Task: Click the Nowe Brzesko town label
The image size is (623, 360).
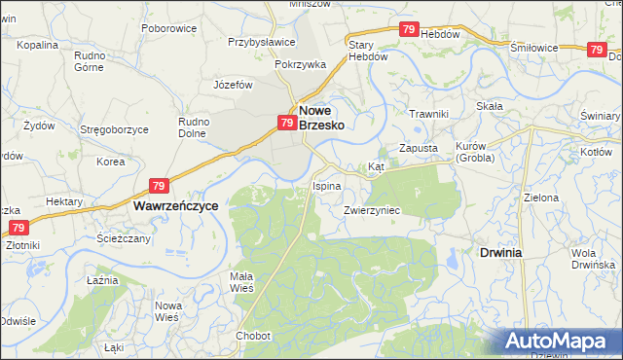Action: click(x=321, y=118)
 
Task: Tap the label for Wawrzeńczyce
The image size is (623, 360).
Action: click(x=175, y=206)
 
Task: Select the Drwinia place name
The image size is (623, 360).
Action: click(x=500, y=252)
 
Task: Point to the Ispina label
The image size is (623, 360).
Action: click(x=326, y=185)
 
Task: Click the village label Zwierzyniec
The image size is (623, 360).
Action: click(x=372, y=209)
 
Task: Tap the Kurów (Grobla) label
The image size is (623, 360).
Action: click(x=475, y=152)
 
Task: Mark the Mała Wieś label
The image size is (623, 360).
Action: click(x=241, y=281)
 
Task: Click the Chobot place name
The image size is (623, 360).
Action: click(x=252, y=336)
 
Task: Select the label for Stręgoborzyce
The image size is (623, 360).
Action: click(x=114, y=129)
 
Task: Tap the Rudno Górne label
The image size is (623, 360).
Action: click(x=91, y=61)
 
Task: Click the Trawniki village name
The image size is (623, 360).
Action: click(x=428, y=114)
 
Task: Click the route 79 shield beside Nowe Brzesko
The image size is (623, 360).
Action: click(x=286, y=123)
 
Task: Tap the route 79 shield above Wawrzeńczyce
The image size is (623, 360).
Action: click(x=161, y=185)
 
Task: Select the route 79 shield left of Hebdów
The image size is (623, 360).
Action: click(x=410, y=30)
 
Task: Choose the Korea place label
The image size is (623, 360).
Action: click(x=111, y=162)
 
